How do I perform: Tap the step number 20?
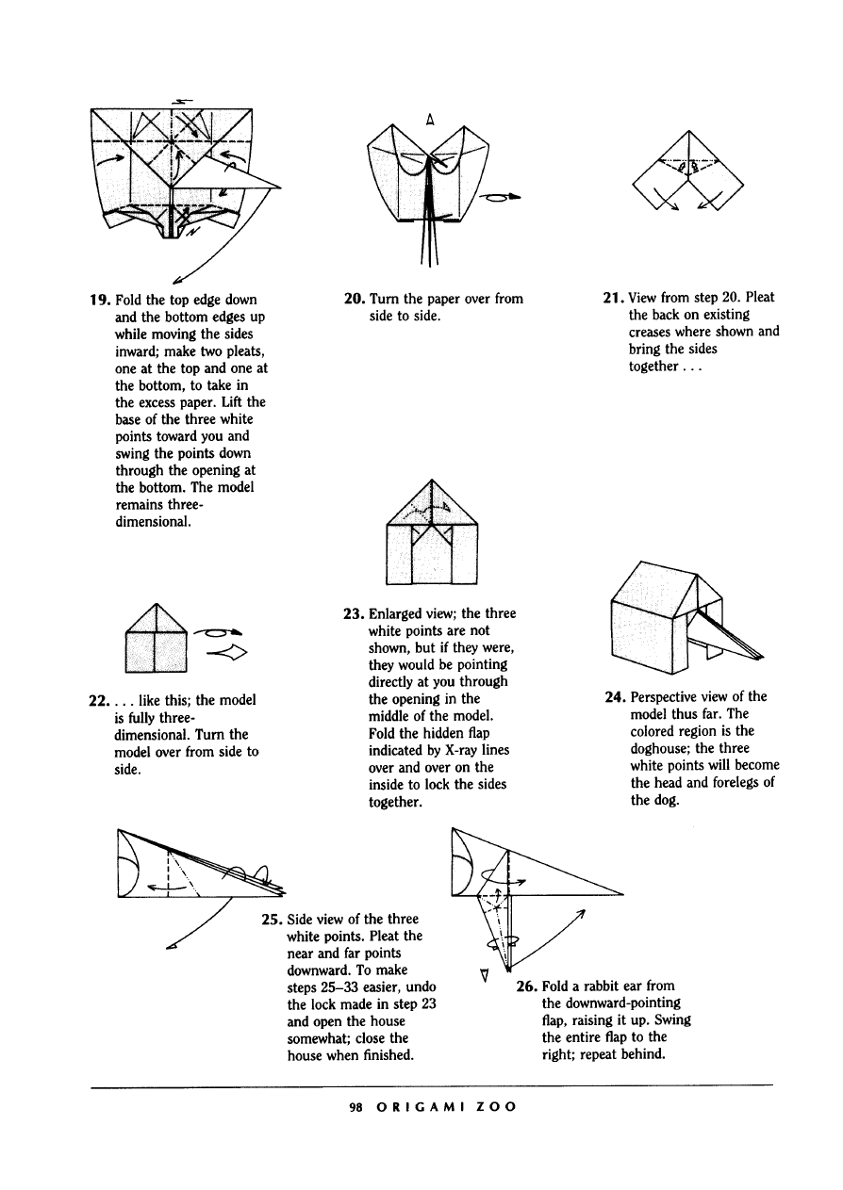(355, 299)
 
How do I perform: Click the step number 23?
(354, 613)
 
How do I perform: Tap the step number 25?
(272, 920)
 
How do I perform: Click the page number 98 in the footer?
(355, 1108)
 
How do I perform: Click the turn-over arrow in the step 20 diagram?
(501, 197)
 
